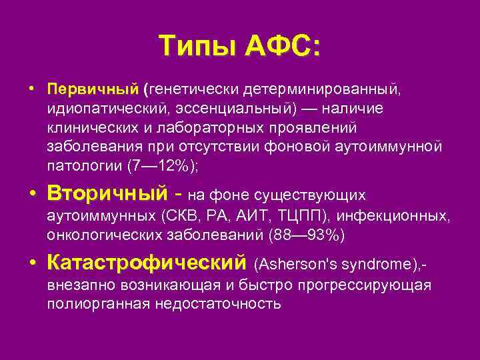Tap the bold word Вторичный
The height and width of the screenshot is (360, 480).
click(107, 194)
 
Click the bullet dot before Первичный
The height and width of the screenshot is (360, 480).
click(31, 89)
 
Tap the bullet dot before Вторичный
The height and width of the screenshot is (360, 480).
click(31, 194)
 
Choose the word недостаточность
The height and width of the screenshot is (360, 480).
click(217, 304)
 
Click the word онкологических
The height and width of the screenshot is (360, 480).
click(101, 235)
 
